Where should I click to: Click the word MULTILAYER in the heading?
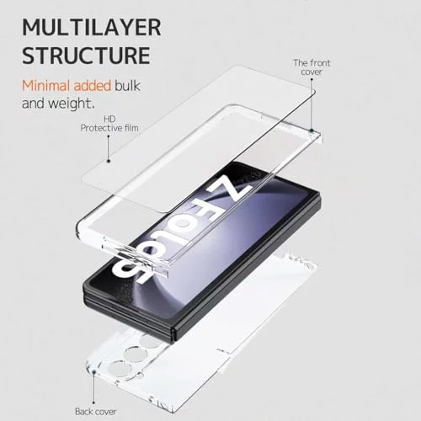pyautogui.click(x=92, y=27)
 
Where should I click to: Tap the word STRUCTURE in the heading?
pyautogui.click(x=86, y=56)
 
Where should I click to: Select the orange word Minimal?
pyautogui.click(x=46, y=86)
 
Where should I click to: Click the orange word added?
pyautogui.click(x=93, y=86)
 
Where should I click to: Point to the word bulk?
pyautogui.click(x=127, y=86)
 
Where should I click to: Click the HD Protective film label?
pyautogui.click(x=109, y=124)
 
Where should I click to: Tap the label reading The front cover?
pyautogui.click(x=312, y=67)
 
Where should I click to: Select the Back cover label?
pyautogui.click(x=95, y=412)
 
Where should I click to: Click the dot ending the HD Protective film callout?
pyautogui.click(x=109, y=161)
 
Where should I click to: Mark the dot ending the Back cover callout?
pyautogui.click(x=94, y=372)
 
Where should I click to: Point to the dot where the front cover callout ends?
pyautogui.click(x=312, y=130)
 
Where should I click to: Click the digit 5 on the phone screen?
pyautogui.click(x=132, y=270)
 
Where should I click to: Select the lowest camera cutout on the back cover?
pyautogui.click(x=120, y=370)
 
